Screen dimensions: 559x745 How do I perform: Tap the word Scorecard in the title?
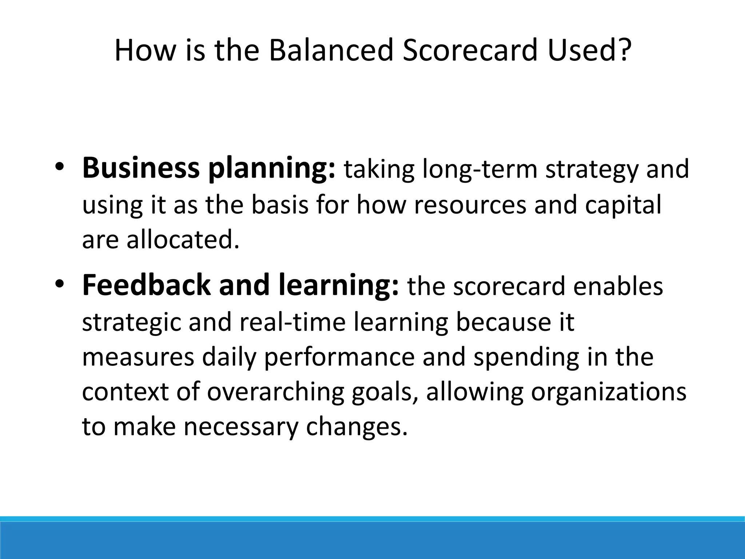click(x=470, y=50)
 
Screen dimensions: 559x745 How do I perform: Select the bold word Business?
click(x=141, y=169)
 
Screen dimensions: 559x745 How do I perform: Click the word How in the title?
click(x=145, y=50)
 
